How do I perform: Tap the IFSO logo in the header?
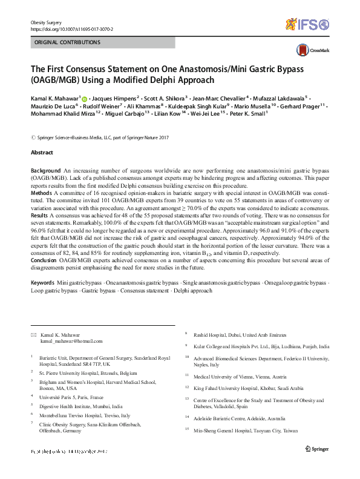307,24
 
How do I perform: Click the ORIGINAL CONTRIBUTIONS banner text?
67,43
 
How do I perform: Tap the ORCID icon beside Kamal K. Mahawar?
84,98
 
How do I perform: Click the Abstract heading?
41,153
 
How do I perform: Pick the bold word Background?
45,171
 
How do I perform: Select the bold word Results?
41,216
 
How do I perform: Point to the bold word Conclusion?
45,261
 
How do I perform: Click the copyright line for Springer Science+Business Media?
100,137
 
